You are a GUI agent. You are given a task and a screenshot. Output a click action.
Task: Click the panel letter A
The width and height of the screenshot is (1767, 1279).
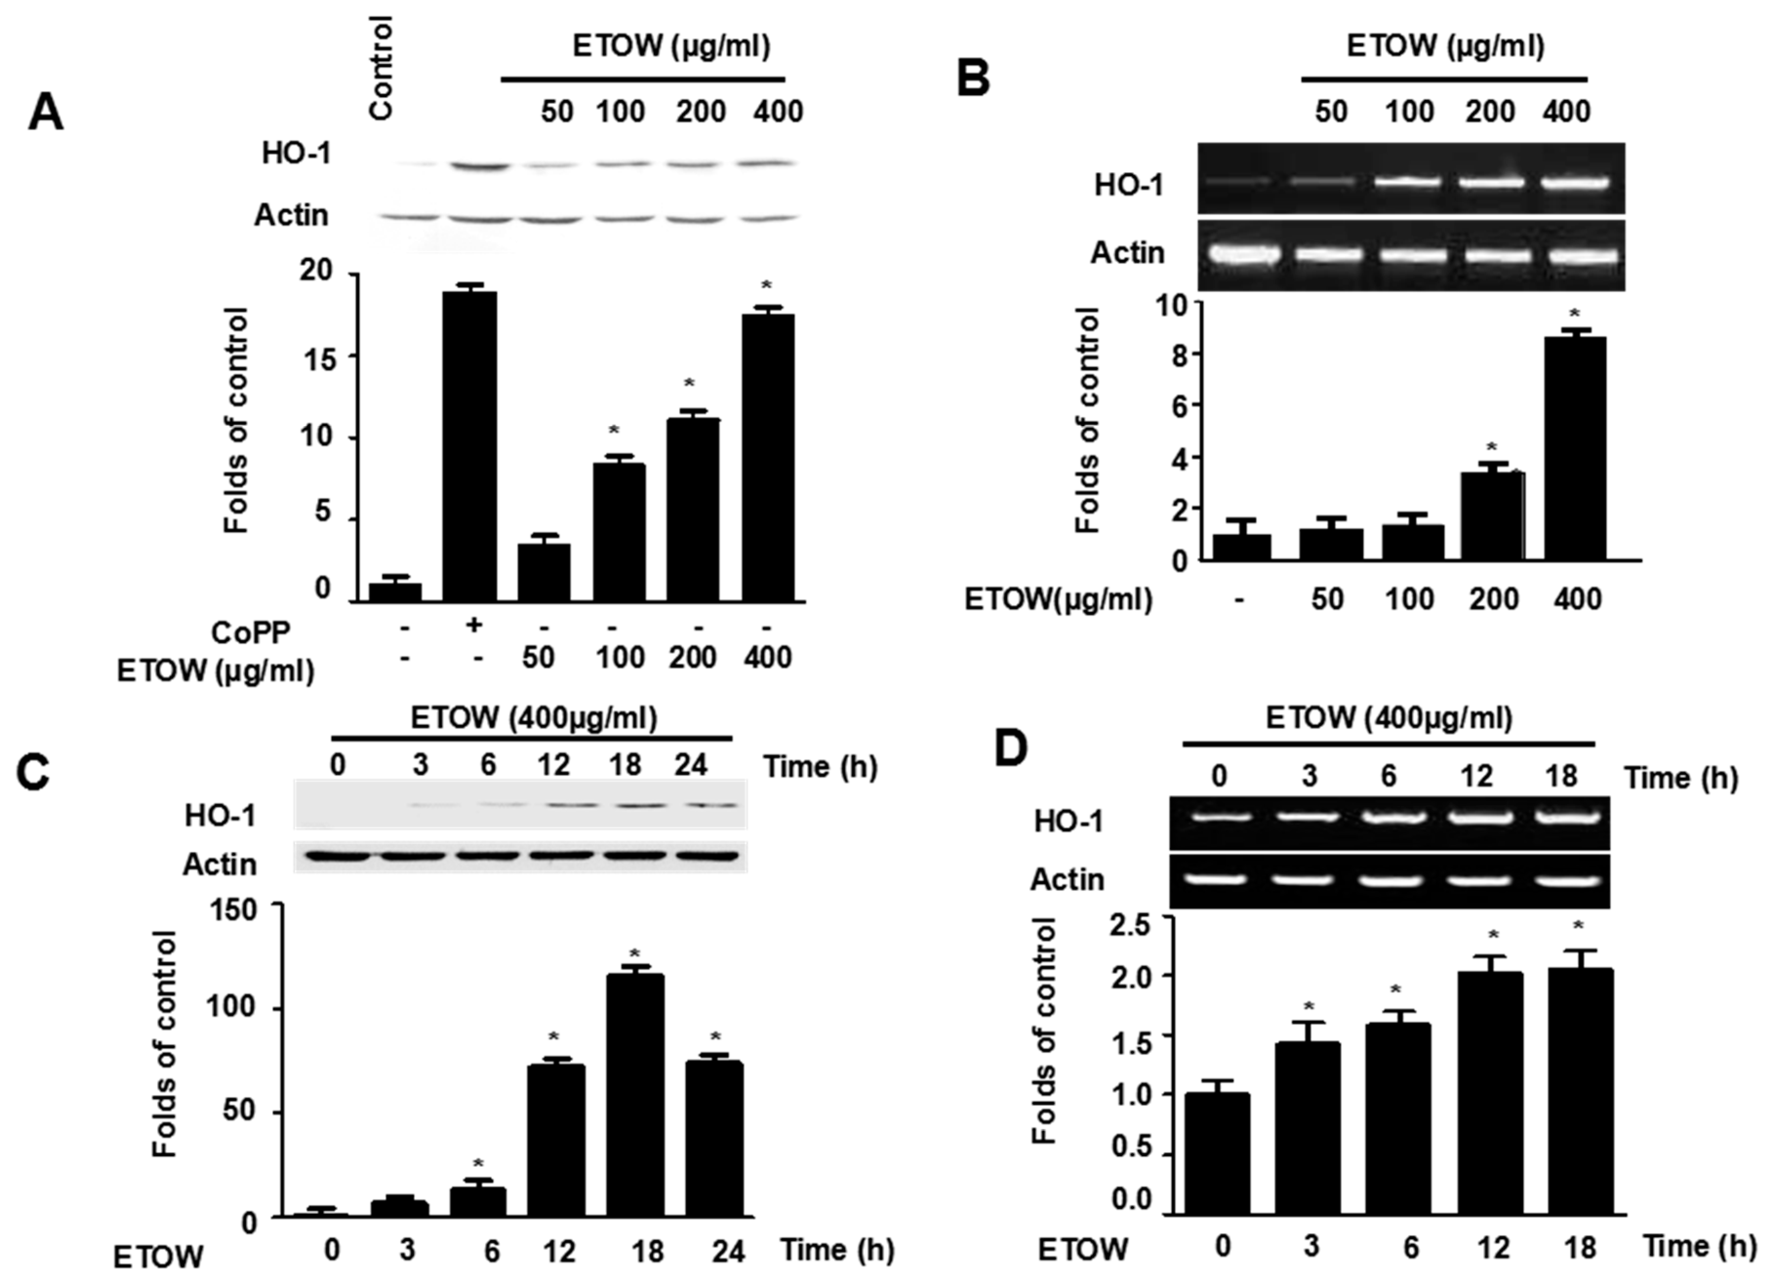45,114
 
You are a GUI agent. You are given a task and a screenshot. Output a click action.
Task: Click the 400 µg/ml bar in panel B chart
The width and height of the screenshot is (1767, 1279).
1575,448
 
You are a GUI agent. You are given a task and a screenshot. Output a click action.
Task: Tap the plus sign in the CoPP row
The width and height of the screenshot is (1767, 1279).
473,625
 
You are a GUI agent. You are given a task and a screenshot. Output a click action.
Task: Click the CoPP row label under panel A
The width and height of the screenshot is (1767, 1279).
251,633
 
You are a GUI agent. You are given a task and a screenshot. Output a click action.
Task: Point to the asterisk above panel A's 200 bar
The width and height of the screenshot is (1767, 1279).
689,383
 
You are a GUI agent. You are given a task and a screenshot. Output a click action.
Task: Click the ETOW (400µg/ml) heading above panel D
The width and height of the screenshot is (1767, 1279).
1388,718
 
